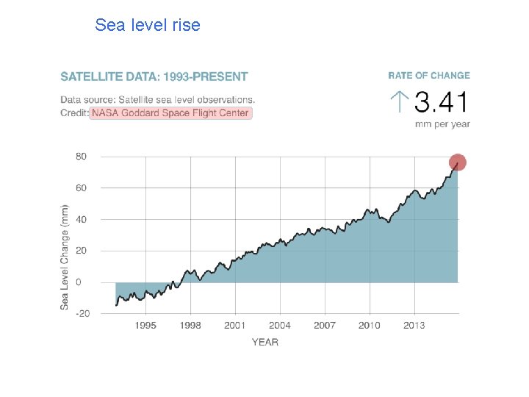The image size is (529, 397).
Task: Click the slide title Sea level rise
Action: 147,25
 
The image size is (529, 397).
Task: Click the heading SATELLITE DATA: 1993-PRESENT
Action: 154,76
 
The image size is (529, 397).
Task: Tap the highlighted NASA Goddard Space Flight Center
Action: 170,113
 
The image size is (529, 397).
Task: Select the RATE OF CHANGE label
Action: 428,76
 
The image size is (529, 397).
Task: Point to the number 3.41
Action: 441,102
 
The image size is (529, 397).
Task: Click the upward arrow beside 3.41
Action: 398,102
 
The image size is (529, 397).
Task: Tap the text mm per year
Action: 442,124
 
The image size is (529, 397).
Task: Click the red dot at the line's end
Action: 458,162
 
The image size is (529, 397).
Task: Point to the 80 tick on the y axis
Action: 81,157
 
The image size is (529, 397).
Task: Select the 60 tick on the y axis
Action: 81,188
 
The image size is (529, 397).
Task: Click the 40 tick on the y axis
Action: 81,220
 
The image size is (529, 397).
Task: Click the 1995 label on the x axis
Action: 145,326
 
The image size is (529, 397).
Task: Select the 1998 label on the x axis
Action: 190,326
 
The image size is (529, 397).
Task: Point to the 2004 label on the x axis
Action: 279,326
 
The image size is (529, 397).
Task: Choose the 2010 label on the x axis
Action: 369,326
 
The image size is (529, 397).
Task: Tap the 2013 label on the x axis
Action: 414,326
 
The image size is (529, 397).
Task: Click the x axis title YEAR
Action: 265,342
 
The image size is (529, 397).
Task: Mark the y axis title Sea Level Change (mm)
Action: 65,256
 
